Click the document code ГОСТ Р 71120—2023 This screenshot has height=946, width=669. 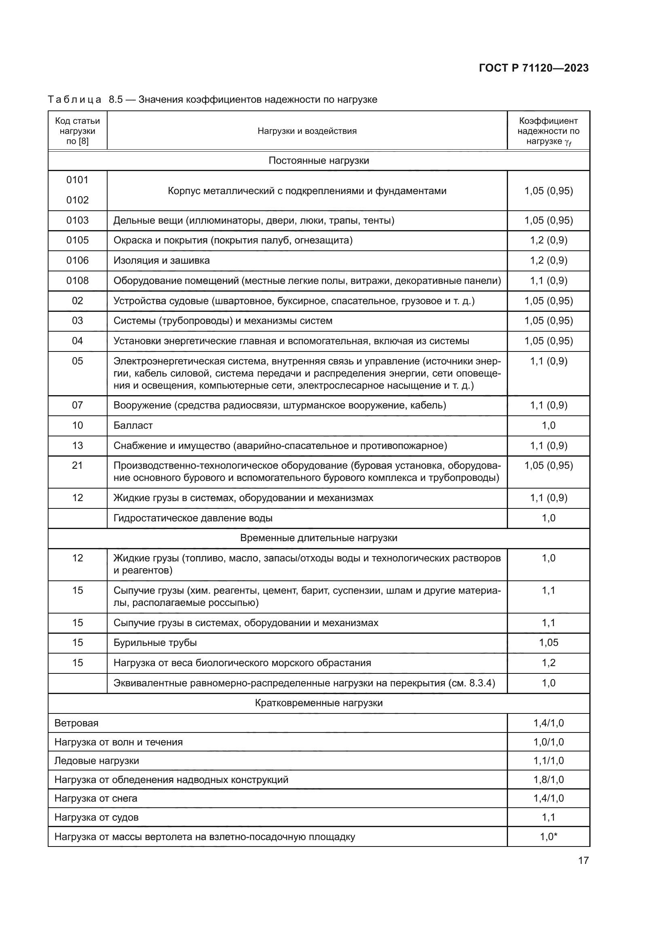pyautogui.click(x=534, y=68)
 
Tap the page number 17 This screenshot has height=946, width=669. pyautogui.click(x=583, y=860)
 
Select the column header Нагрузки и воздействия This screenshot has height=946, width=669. pyautogui.click(x=307, y=131)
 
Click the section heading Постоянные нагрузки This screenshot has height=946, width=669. pyautogui.click(x=318, y=161)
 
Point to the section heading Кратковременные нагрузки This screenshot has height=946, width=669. pyautogui.click(x=318, y=703)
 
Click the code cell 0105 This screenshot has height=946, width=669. pyautogui.click(x=77, y=240)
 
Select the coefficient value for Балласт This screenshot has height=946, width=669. pyautogui.click(x=548, y=425)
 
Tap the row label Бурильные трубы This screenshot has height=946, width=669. pyautogui.click(x=155, y=643)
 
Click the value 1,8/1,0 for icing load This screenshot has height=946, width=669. pyautogui.click(x=548, y=779)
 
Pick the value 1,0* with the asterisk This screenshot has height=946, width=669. pyautogui.click(x=548, y=837)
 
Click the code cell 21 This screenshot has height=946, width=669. pyautogui.click(x=77, y=466)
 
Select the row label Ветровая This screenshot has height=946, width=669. pyautogui.click(x=76, y=723)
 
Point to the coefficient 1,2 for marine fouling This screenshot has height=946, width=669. pyautogui.click(x=548, y=663)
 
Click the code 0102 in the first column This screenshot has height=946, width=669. pyautogui.click(x=77, y=200)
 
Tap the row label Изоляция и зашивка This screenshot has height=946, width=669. pyautogui.click(x=161, y=260)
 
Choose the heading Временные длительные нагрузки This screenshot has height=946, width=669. pyautogui.click(x=318, y=538)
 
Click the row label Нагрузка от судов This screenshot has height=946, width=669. pyautogui.click(x=96, y=817)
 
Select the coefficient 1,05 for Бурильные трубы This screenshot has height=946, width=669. pyautogui.click(x=548, y=643)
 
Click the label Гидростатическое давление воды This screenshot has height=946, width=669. pyautogui.click(x=193, y=518)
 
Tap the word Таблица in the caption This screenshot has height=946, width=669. pyautogui.click(x=74, y=100)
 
